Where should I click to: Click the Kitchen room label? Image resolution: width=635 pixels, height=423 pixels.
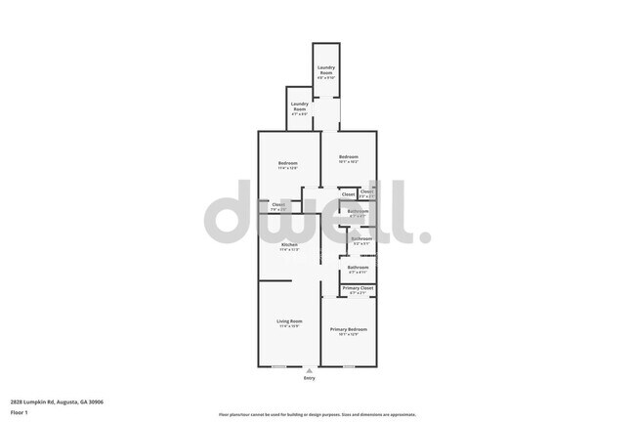(289, 244)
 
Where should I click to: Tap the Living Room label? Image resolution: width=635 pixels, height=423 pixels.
(289, 321)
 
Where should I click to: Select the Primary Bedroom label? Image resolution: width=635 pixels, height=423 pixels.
(348, 330)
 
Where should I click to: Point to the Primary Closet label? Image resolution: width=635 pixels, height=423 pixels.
(358, 288)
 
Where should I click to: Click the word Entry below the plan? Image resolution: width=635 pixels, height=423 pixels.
(309, 378)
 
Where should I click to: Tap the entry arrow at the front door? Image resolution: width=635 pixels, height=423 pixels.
(309, 370)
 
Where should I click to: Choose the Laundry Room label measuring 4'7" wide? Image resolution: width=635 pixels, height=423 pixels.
(299, 105)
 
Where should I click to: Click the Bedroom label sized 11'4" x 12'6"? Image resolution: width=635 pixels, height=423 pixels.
(287, 163)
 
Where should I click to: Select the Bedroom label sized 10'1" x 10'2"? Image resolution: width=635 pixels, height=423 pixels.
(349, 157)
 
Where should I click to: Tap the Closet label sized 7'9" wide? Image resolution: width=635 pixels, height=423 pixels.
(278, 204)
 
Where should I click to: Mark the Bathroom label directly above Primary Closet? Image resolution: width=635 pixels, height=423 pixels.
(359, 268)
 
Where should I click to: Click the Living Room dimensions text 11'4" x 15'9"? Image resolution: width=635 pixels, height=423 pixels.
(289, 326)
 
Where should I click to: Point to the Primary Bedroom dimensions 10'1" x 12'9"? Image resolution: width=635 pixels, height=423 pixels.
(348, 335)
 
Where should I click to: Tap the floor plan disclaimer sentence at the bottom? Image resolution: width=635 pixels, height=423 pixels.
(317, 413)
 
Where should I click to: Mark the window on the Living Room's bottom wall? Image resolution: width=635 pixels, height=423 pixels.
(278, 366)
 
